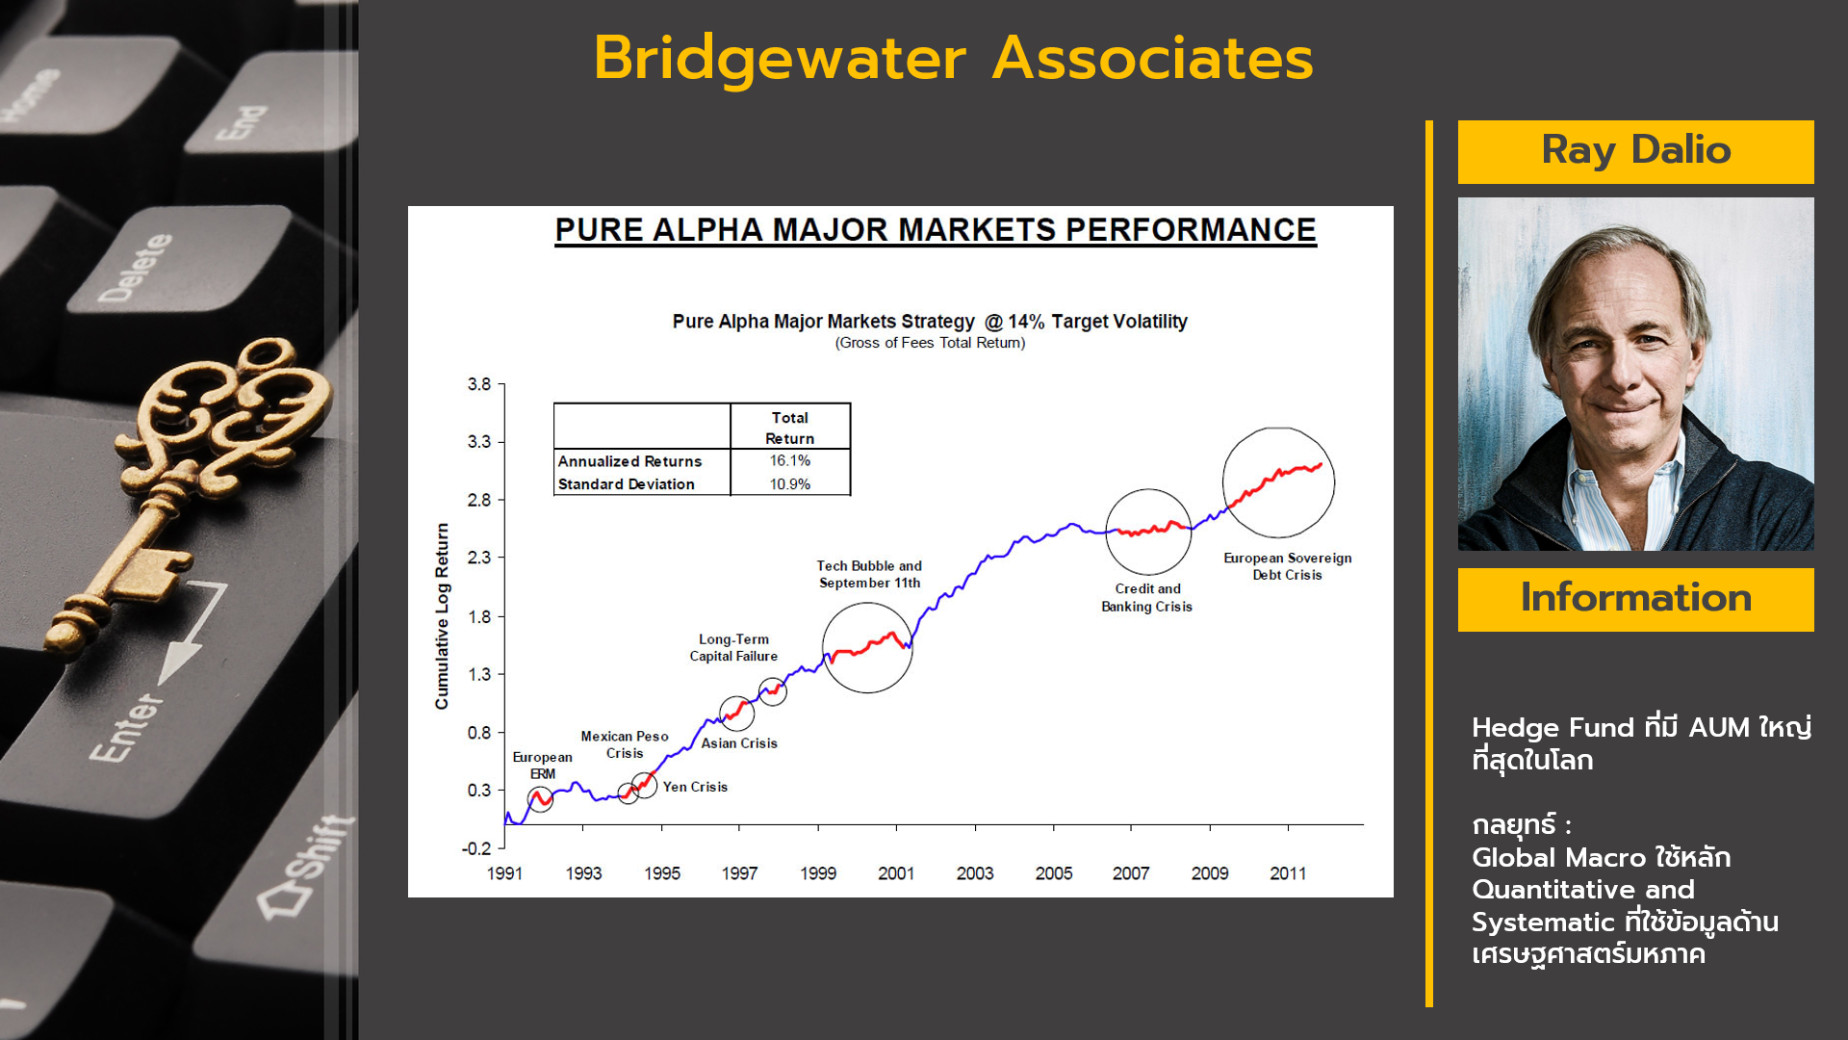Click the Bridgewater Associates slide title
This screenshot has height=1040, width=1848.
coord(953,59)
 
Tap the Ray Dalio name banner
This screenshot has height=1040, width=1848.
coord(1635,151)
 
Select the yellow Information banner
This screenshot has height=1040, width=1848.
coord(1635,599)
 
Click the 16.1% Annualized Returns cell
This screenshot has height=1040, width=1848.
coord(789,461)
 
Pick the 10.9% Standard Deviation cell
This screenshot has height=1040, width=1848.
coord(789,484)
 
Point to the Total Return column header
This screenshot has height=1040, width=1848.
coord(789,428)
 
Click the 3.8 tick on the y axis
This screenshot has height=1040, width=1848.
coord(479,384)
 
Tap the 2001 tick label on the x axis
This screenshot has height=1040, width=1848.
coord(895,873)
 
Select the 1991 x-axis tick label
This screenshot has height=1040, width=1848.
coord(504,873)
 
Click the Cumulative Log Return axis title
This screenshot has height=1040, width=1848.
coord(443,616)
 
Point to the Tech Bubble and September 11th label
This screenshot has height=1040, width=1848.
coord(869,574)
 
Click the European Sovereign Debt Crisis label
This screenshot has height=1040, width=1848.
coord(1287,566)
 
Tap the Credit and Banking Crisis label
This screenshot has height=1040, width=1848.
coord(1146,597)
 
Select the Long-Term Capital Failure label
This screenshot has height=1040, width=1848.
coord(733,647)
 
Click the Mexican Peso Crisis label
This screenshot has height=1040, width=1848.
coord(625,744)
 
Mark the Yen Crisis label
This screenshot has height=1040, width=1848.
coord(695,787)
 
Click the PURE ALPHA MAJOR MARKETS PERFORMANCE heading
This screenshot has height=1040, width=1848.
coord(936,230)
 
